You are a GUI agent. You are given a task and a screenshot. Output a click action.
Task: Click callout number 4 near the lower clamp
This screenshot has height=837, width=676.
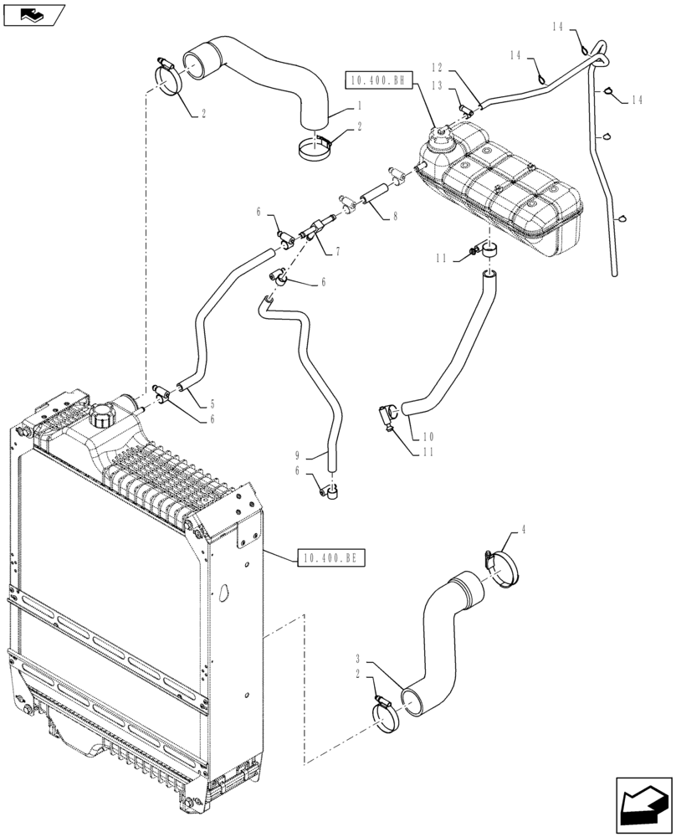coord(524,529)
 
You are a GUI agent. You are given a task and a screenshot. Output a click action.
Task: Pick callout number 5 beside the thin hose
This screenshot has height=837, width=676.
coord(213,403)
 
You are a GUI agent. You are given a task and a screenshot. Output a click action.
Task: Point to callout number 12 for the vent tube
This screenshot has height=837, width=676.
coord(435,66)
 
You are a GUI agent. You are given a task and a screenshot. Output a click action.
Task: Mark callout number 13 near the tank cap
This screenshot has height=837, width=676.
coord(435,85)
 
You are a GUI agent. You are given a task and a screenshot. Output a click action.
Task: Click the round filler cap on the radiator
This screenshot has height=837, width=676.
coord(106,414)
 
